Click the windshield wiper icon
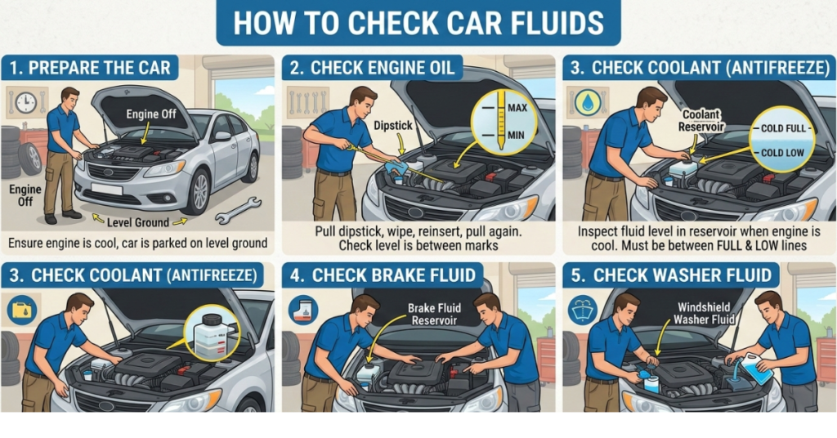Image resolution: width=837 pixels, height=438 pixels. [581, 311]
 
